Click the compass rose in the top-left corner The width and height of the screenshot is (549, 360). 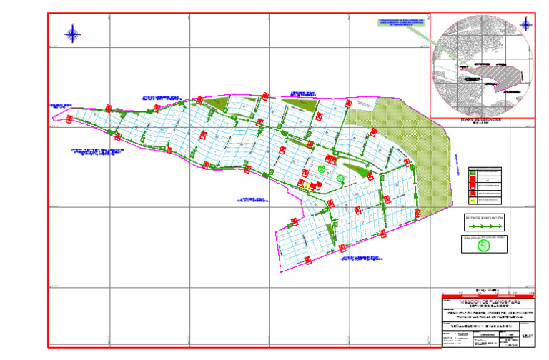click(x=72, y=33)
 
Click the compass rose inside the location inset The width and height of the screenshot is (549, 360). click(x=525, y=25)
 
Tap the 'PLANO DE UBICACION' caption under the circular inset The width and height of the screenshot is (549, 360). click(x=480, y=119)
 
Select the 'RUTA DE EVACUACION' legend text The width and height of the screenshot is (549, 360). click(x=484, y=216)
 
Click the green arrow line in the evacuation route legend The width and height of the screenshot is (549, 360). click(x=484, y=225)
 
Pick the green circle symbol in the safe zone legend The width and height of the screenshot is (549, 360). click(x=484, y=246)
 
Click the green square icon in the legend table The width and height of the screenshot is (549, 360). click(x=473, y=171)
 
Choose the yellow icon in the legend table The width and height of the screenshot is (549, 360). click(x=473, y=201)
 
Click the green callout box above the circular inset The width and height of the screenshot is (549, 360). click(x=402, y=23)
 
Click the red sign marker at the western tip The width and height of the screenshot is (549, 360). click(x=69, y=120)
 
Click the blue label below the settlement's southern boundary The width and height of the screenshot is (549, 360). click(x=358, y=259)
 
